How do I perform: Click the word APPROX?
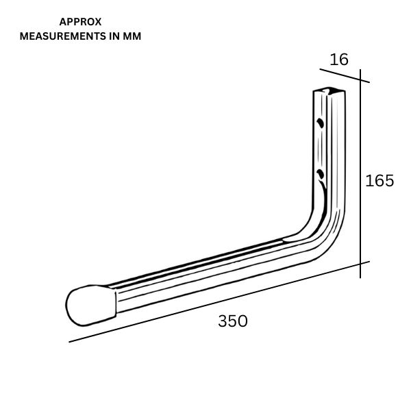(x=80, y=22)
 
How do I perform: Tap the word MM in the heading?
(x=132, y=36)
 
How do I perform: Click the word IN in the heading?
(x=115, y=36)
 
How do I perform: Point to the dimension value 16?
(x=339, y=60)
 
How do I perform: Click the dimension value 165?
(x=379, y=181)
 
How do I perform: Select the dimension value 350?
(x=233, y=321)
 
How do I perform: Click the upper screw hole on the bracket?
(x=320, y=123)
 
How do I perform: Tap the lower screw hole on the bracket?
(x=320, y=174)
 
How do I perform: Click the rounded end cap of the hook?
(x=90, y=306)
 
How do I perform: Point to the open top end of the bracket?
(x=329, y=90)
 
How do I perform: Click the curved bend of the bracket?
(x=325, y=236)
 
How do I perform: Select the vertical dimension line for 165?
(x=360, y=173)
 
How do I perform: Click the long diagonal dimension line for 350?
(x=219, y=301)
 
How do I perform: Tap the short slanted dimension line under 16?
(x=345, y=76)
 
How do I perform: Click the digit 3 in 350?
(x=223, y=321)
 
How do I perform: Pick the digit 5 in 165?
(x=389, y=181)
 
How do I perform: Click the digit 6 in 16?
(x=344, y=60)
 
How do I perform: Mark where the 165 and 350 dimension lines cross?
(x=360, y=264)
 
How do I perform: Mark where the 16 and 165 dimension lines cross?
(x=360, y=80)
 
